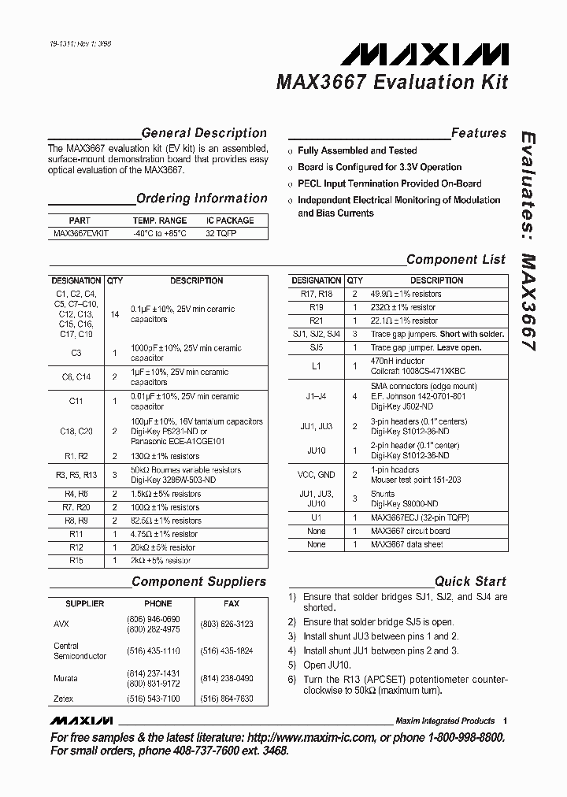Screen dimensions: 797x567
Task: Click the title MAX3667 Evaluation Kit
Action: coord(391,82)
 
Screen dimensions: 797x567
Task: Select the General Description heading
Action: coord(204,133)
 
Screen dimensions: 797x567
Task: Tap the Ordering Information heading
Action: coord(202,198)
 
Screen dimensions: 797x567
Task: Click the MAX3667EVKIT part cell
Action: coord(80,234)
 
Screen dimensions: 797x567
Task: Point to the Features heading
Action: coord(478,133)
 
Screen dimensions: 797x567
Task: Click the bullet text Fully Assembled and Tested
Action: coord(357,150)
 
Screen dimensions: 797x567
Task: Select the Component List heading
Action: coord(455,259)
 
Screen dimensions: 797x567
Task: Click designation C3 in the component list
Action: coord(76,353)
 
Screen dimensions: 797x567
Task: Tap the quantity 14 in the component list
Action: coord(115,314)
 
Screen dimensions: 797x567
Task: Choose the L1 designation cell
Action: coord(316,365)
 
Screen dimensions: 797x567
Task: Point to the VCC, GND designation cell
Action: coord(316,475)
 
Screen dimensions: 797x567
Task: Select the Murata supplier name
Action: coord(65,678)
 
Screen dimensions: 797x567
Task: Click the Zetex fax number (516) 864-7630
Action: coord(227,699)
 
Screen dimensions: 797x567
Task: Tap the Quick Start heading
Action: coord(470,581)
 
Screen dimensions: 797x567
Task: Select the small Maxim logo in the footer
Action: coord(81,721)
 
